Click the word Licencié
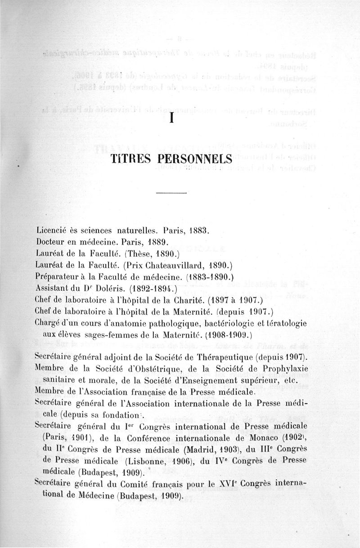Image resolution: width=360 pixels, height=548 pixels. (x=52, y=230)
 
